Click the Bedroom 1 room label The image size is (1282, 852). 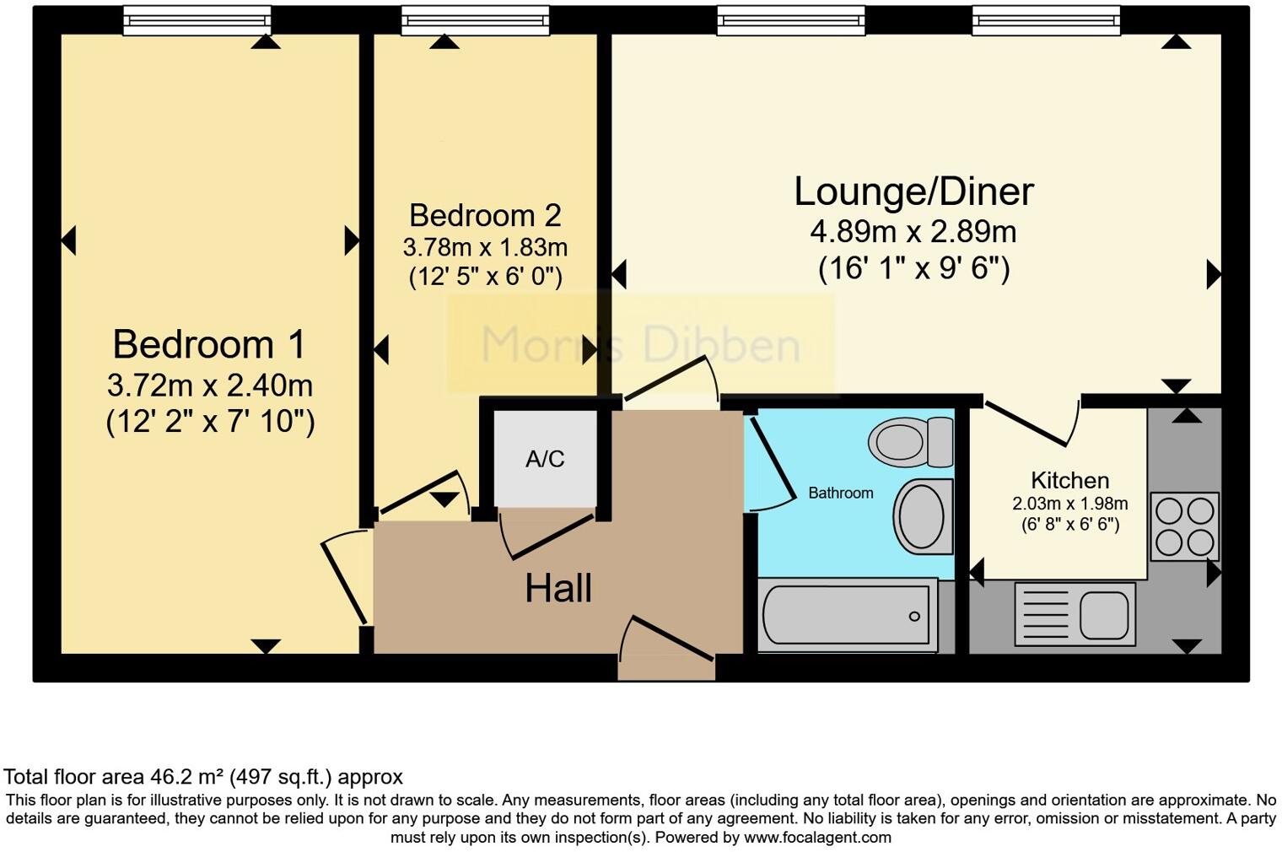click(209, 344)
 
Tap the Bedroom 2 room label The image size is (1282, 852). click(485, 215)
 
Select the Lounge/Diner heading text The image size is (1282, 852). click(913, 191)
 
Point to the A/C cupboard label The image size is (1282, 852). click(545, 459)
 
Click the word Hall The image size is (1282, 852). click(558, 588)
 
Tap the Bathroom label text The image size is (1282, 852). click(840, 493)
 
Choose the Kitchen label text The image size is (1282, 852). click(1069, 480)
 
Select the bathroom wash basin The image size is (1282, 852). click(921, 516)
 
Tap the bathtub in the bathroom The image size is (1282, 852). click(847, 615)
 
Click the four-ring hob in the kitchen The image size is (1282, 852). click(1184, 526)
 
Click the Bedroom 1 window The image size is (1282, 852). click(197, 21)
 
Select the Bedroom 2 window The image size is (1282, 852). click(475, 21)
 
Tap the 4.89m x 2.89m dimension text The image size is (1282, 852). click(913, 231)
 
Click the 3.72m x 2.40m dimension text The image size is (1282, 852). click(210, 386)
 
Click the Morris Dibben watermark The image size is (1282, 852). click(640, 344)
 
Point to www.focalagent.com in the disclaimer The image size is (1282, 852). click(816, 838)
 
